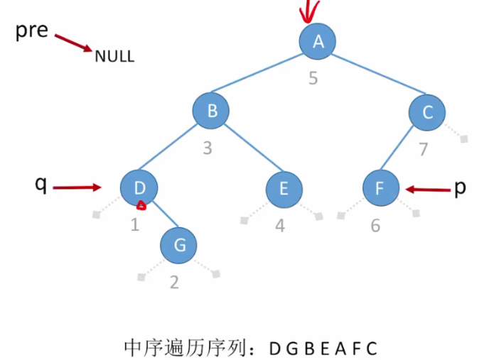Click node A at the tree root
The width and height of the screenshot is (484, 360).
point(318,42)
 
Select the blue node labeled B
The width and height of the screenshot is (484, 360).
point(211,111)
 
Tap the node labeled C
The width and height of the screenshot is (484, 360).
point(427,111)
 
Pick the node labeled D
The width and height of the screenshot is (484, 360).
point(139,188)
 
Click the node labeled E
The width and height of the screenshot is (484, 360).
point(284,189)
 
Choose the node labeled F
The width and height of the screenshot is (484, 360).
point(380,189)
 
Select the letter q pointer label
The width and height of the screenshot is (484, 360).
point(41,185)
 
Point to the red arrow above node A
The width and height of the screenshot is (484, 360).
point(308,11)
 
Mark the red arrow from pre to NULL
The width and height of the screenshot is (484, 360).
point(73,42)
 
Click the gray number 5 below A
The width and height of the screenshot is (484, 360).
point(313,77)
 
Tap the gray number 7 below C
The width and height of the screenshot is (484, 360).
point(424,150)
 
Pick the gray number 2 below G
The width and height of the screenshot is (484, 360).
point(174,282)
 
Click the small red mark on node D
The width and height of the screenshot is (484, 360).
point(141,206)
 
